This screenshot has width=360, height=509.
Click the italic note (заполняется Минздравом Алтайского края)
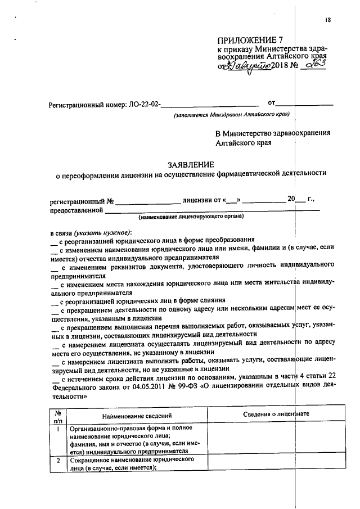tap(232, 115)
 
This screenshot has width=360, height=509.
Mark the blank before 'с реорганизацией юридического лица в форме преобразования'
tap(54, 241)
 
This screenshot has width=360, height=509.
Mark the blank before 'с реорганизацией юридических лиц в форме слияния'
tap(54, 301)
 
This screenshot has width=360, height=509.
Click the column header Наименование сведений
tap(138, 415)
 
